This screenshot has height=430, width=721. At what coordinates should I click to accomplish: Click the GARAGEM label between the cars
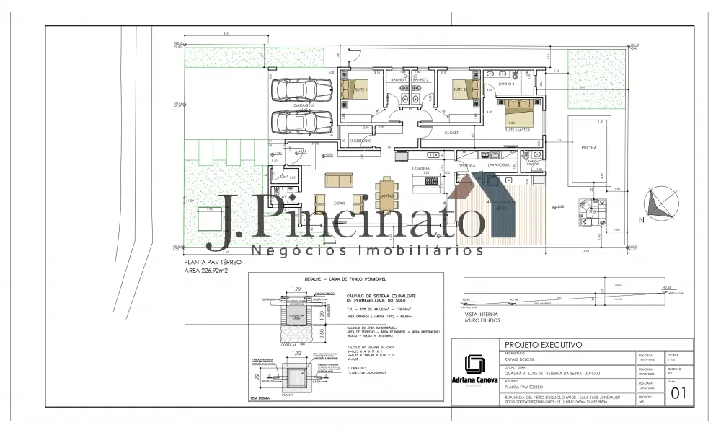304,105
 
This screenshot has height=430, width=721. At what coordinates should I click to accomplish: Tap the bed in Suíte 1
353,89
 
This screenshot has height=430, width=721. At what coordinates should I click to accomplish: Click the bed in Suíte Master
518,113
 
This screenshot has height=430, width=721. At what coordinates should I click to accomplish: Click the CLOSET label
451,133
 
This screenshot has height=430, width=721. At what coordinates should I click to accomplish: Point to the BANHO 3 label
507,84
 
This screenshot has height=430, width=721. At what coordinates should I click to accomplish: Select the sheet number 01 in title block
678,393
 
